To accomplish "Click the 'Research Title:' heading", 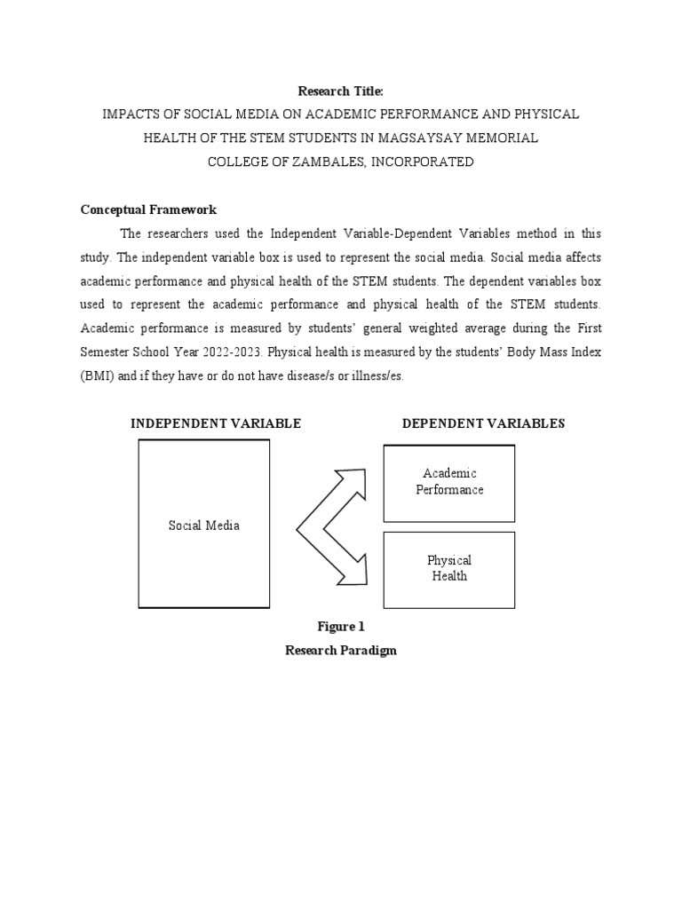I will point(340,91).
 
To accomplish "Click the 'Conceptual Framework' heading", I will point(148,210).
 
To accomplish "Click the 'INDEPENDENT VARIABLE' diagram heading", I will point(216,423).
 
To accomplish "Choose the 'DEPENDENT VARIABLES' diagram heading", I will point(483,423).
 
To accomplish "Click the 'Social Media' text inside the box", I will point(204,526).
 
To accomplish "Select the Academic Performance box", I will point(449,482).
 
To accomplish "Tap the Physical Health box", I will point(449,569).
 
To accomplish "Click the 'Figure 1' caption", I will point(340,627).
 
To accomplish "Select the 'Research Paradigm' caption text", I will point(340,651).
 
